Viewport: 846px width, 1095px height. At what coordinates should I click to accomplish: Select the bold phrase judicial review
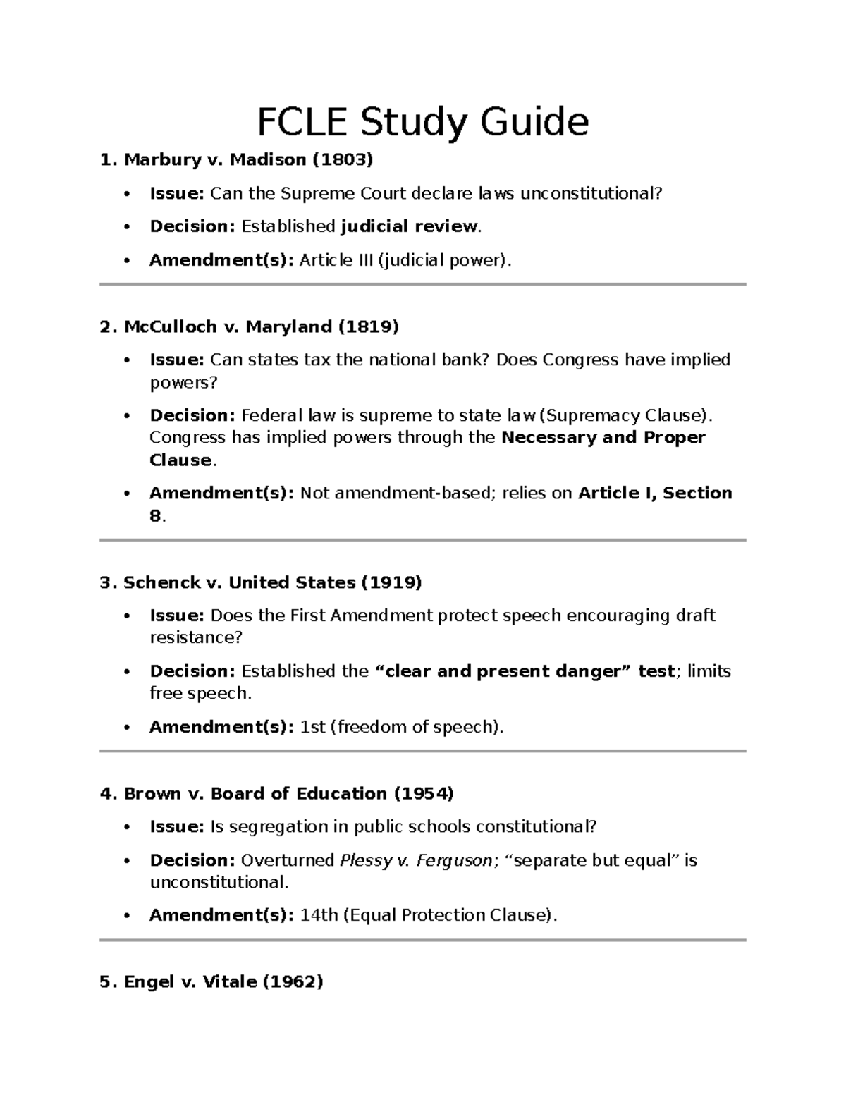409,226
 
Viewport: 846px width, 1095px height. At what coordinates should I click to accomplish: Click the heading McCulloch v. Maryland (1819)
250,327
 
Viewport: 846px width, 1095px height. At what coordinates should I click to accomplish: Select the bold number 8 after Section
155,516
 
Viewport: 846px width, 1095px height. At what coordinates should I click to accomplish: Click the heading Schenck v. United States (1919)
261,582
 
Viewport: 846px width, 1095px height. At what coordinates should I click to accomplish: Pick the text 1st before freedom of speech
312,727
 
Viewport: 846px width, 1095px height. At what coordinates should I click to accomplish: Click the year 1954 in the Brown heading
423,794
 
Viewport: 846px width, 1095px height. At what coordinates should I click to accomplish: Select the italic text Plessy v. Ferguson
416,860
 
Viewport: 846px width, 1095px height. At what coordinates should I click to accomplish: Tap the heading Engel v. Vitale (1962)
211,982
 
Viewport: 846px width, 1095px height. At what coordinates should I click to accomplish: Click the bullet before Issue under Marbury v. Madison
127,194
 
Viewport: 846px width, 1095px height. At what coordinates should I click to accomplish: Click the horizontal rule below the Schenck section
422,751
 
